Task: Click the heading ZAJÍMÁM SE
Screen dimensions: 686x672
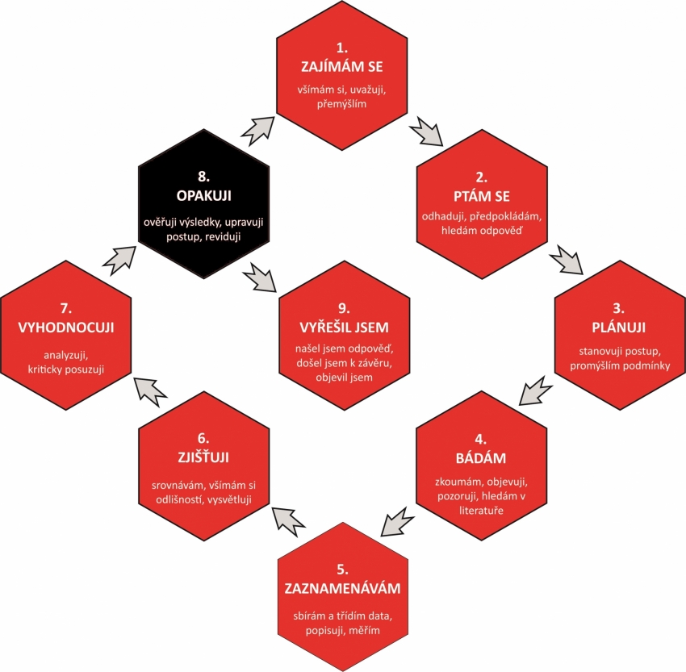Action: pos(341,66)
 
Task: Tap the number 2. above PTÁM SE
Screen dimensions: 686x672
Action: pos(481,177)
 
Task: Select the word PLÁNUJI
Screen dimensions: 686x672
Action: pos(619,328)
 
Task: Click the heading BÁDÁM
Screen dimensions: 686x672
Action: pos(481,457)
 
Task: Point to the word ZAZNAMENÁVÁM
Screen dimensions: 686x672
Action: pos(342,588)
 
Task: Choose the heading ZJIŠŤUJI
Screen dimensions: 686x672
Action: pos(203,457)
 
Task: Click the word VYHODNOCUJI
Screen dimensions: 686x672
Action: pos(66,328)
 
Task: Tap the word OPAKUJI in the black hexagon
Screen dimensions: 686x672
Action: pos(204,195)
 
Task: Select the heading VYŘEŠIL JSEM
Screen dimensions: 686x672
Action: pos(345,328)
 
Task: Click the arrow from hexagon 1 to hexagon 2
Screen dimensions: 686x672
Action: pos(427,131)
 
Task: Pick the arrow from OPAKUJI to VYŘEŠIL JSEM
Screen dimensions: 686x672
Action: pos(260,278)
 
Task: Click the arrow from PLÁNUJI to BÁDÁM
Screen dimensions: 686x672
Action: pos(536,390)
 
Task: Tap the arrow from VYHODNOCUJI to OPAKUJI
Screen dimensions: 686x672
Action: pos(119,261)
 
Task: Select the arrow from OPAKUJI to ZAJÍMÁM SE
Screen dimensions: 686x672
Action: pos(257,131)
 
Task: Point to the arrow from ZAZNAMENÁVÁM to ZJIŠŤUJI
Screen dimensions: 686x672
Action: pos(289,521)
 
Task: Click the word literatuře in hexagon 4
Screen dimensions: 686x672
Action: pos(481,510)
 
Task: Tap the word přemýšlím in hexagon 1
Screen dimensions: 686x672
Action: pos(341,104)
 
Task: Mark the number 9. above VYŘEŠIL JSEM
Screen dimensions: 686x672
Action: pos(344,308)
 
